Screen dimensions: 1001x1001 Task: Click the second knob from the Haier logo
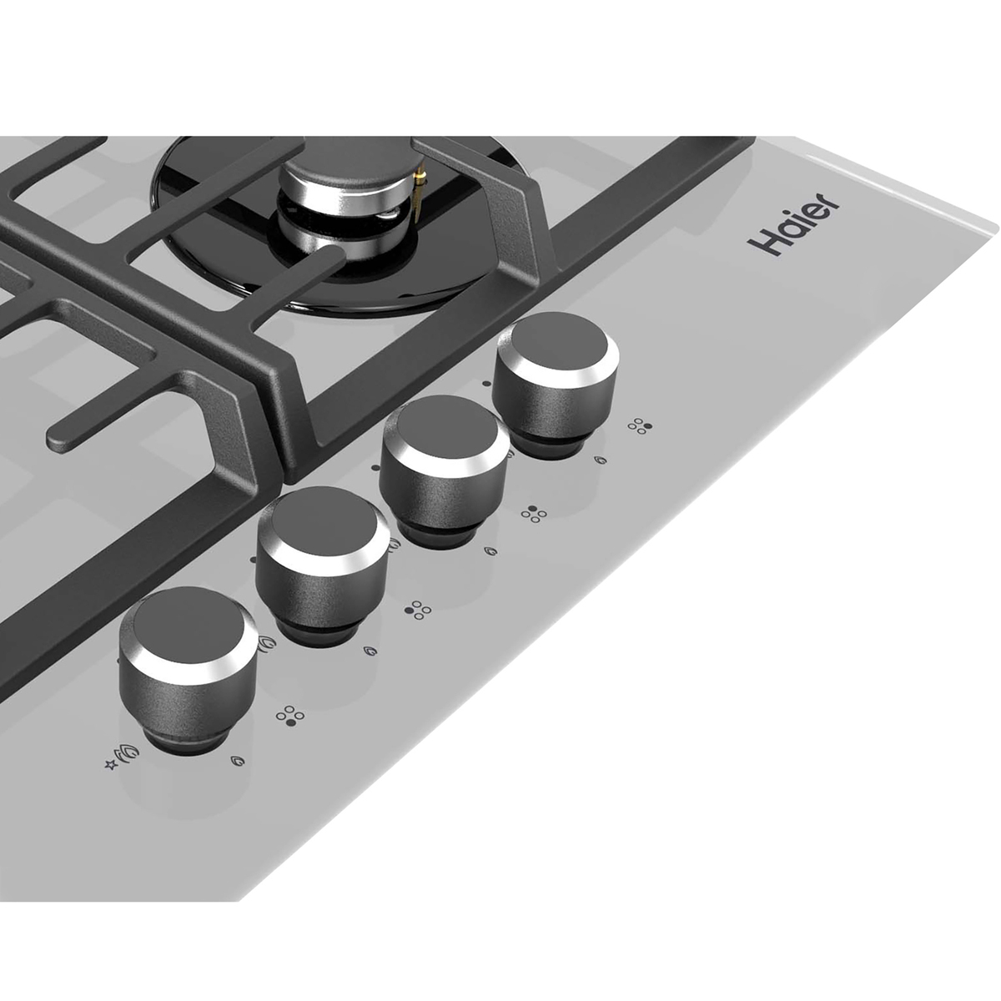[x=445, y=470]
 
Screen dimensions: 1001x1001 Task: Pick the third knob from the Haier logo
[x=323, y=566]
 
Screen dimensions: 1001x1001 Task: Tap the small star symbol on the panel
[x=111, y=765]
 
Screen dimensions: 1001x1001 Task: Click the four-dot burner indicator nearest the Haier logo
[x=640, y=426]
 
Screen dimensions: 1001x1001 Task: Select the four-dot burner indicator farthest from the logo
[x=289, y=715]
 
